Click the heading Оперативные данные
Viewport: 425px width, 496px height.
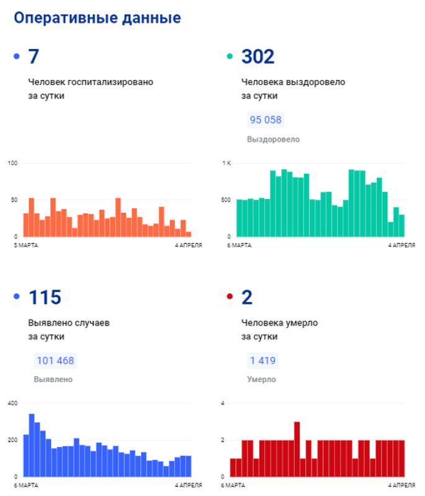pos(97,18)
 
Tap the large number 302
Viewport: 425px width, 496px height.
pos(257,57)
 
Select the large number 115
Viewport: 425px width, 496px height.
pos(45,298)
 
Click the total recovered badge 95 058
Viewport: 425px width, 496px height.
pos(266,120)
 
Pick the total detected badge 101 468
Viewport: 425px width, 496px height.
pos(56,360)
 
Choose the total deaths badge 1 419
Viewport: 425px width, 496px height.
pos(262,360)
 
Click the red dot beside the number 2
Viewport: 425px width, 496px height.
pos(230,298)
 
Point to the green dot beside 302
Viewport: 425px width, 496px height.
pos(230,57)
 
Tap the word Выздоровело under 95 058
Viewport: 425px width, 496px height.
pos(273,139)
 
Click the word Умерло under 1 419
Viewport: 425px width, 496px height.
pos(261,379)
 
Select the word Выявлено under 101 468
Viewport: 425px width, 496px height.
pos(53,379)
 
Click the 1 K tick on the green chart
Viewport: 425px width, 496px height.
pos(226,163)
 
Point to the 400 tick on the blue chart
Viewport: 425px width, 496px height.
pos(12,404)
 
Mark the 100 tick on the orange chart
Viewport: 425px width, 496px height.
pos(12,163)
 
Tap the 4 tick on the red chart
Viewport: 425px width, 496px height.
pos(223,404)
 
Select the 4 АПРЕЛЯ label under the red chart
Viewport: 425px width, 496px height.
pos(401,485)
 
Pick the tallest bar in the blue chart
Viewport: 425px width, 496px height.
pos(32,445)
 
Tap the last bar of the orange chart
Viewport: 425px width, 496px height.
pos(188,234)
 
